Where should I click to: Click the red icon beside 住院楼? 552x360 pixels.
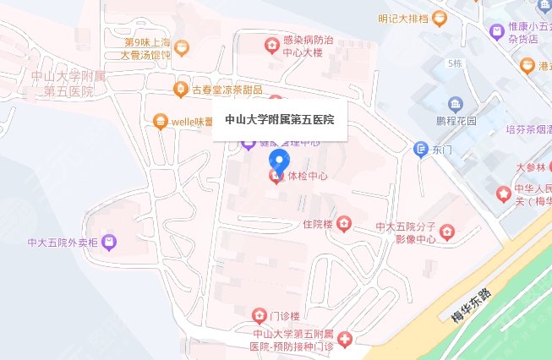pyautogui.click(x=343, y=224)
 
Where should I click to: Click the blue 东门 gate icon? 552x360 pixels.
pyautogui.click(x=421, y=150)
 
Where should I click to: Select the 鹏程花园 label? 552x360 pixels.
pyautogui.click(x=456, y=121)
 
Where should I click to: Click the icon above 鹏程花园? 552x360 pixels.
pyautogui.click(x=456, y=105)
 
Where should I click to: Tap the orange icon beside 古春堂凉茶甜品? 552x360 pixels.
pyautogui.click(x=180, y=89)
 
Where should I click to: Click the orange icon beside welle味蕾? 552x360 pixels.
pyautogui.click(x=159, y=121)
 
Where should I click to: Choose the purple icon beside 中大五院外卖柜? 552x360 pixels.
pyautogui.click(x=110, y=243)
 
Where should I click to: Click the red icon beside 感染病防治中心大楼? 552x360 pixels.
pyautogui.click(x=271, y=45)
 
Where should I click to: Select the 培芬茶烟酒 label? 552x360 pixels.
pyautogui.click(x=527, y=129)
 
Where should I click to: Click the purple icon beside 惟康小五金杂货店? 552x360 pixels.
pyautogui.click(x=497, y=31)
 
